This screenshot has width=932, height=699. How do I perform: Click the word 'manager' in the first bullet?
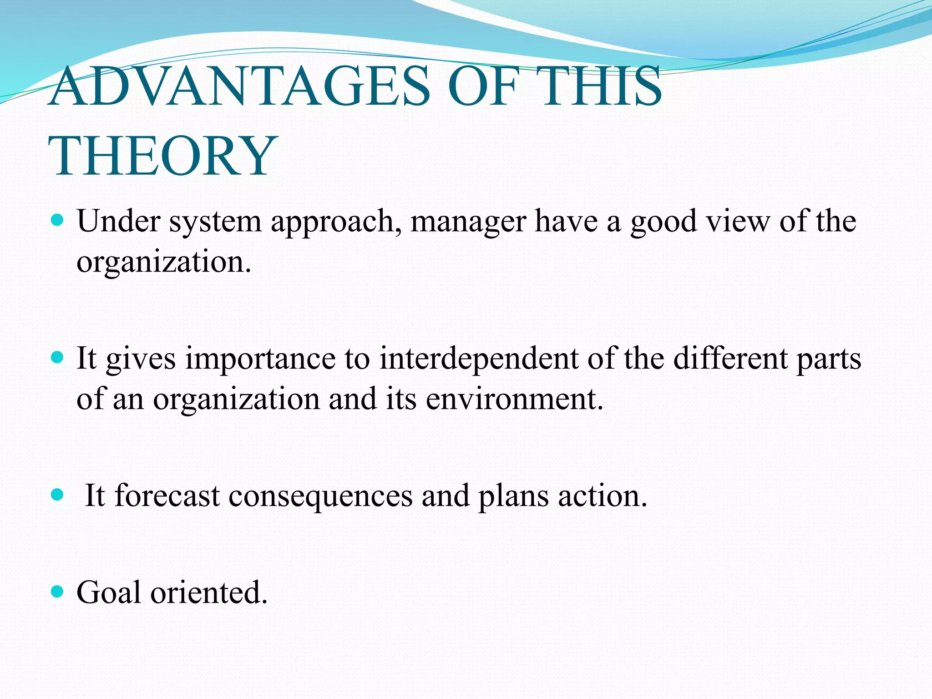(x=468, y=222)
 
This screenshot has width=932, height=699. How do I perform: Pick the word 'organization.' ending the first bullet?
(x=164, y=262)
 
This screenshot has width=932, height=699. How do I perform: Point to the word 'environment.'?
(x=514, y=399)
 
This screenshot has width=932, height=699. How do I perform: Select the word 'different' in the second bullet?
(x=730, y=358)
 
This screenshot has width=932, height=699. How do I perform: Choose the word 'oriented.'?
(x=209, y=592)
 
